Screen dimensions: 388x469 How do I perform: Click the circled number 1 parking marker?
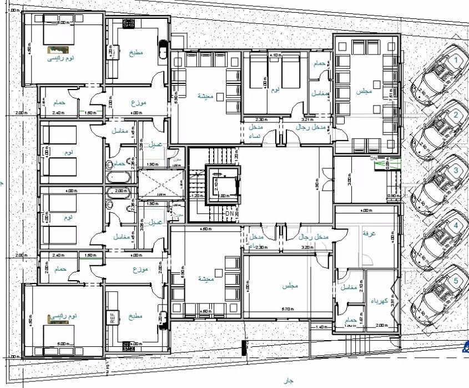(x=456, y=59)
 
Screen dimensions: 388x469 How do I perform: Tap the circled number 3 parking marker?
(x=456, y=171)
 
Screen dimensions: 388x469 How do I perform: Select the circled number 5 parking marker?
(x=456, y=281)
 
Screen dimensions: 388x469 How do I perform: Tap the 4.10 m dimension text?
(x=274, y=56)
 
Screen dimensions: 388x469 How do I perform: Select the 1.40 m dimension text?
(x=322, y=327)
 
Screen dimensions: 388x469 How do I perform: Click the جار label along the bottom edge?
(x=288, y=380)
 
